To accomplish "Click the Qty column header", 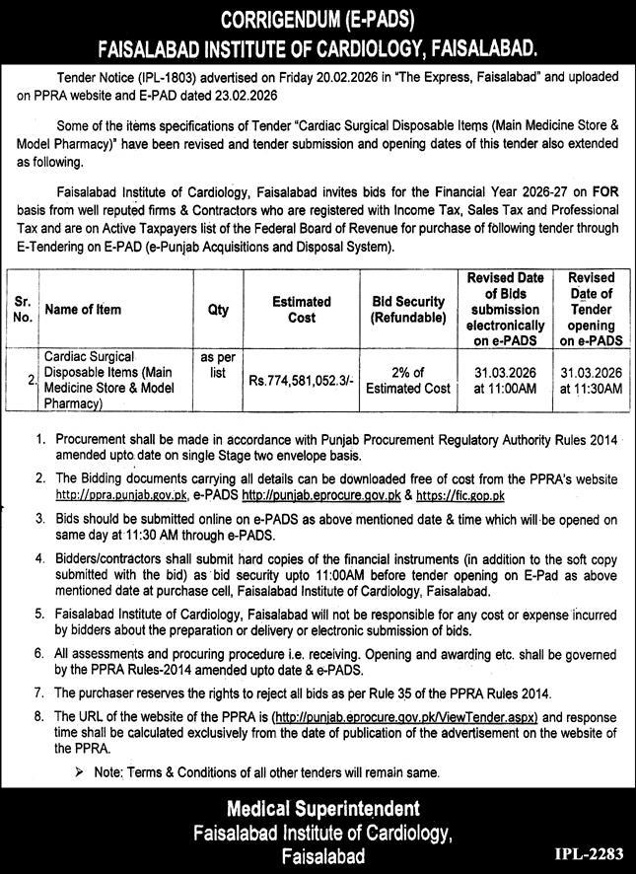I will click(x=218, y=309).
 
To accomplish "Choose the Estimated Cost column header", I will click(x=302, y=310).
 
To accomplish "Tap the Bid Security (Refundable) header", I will click(x=408, y=310).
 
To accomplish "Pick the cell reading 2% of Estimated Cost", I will click(x=408, y=381).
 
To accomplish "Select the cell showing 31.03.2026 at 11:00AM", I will click(x=506, y=381).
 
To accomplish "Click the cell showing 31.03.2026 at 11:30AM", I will click(x=593, y=381).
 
